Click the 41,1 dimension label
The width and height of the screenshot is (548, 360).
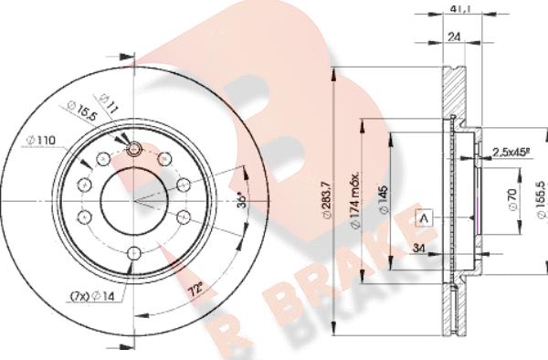[460, 9]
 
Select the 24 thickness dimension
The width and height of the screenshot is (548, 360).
[454, 37]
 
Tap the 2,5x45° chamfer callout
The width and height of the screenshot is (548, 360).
[511, 152]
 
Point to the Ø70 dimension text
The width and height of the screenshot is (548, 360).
[512, 199]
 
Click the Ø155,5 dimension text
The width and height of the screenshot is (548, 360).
[542, 200]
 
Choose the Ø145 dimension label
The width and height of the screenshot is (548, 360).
[384, 199]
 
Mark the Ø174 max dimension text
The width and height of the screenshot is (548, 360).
[355, 201]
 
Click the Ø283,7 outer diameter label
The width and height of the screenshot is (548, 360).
[327, 200]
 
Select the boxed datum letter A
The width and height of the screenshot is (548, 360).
[424, 218]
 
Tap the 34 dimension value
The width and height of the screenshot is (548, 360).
[418, 249]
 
